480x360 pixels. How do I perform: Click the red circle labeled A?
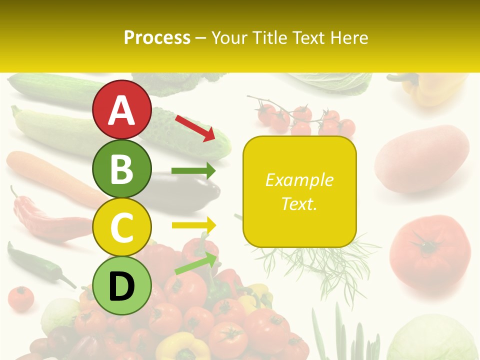pos(122,110)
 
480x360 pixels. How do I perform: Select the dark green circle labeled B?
pos(122,168)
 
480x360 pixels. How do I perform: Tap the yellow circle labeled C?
pos(122,227)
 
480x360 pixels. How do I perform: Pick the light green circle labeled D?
pos(122,285)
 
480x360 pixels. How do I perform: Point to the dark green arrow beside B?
pos(193,171)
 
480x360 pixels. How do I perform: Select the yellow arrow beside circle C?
pos(193,225)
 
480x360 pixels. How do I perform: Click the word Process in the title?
pos(157,37)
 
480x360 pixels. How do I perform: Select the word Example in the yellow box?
pos(299,180)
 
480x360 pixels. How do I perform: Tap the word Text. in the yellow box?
pos(299,203)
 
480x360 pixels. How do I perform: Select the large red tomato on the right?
pos(430,250)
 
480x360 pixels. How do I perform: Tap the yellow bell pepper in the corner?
pos(430,90)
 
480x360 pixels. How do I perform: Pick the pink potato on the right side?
pos(422,157)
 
